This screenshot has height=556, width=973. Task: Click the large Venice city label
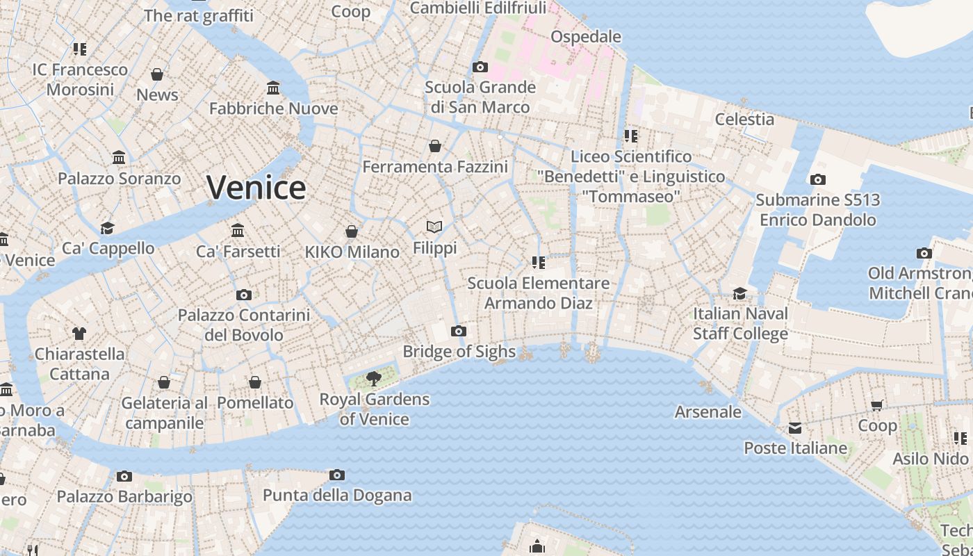(x=256, y=188)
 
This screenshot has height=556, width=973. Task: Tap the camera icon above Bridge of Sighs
(x=459, y=331)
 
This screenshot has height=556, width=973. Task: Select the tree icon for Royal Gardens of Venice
(x=374, y=379)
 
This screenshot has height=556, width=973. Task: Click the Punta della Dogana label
(x=337, y=496)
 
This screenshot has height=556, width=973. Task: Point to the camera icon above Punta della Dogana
(x=337, y=475)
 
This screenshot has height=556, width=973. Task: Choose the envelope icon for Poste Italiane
(x=795, y=428)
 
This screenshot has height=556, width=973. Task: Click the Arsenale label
(x=708, y=411)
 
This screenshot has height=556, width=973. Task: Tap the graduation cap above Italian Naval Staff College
(x=740, y=293)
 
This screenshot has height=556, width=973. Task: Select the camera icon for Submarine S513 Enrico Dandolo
(x=818, y=180)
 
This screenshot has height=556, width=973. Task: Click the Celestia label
(x=744, y=119)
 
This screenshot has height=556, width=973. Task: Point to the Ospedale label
(x=586, y=36)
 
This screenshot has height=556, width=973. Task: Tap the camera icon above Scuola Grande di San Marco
(x=480, y=67)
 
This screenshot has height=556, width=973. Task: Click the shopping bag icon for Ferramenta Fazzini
(x=435, y=146)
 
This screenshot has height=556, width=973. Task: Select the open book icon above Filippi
(x=434, y=227)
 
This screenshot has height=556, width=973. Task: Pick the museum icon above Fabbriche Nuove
(x=273, y=88)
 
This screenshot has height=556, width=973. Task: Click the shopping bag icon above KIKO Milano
(x=352, y=231)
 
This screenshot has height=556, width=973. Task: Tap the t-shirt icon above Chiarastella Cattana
(x=79, y=334)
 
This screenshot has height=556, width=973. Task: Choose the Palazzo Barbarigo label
(x=124, y=496)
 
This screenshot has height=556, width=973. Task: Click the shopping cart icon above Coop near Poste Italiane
(x=877, y=405)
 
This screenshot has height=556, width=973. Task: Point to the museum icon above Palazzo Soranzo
(x=119, y=158)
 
